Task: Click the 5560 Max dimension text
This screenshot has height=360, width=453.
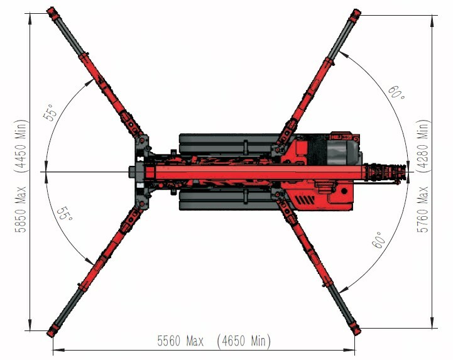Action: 180,341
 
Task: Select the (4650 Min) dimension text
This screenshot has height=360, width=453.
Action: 244,341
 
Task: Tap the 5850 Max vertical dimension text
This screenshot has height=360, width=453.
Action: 21,209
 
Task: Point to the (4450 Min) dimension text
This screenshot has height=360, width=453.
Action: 21,146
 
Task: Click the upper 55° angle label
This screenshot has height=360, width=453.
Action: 48,112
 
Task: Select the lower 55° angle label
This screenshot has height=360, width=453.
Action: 65,213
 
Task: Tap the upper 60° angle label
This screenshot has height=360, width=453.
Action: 396,92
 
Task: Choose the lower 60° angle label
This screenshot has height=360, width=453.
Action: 379,240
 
